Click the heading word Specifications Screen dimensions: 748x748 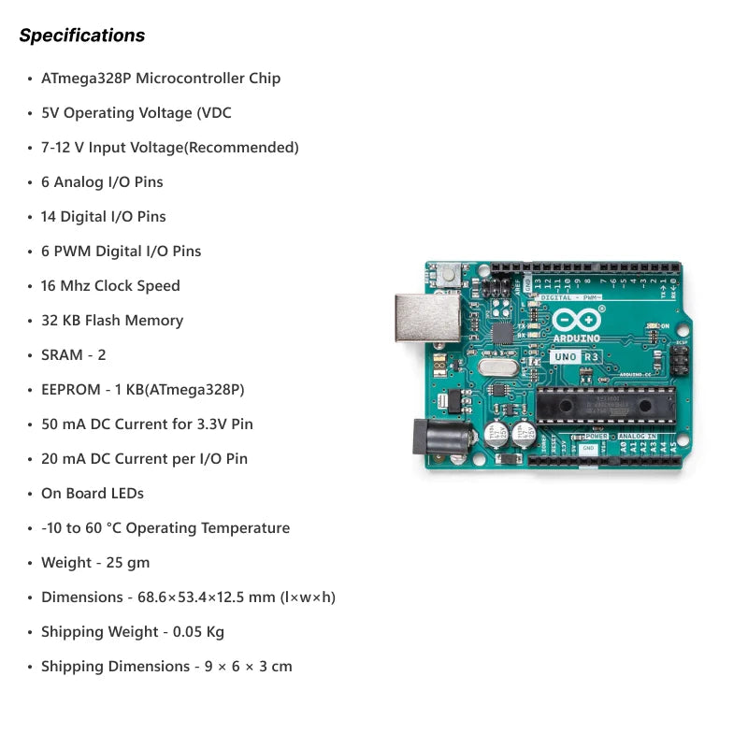[82, 36]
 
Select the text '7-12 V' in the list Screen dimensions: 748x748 [63, 148]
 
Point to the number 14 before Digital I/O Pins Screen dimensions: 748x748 [49, 217]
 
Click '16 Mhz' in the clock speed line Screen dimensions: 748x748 [65, 286]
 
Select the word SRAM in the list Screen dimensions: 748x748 [62, 355]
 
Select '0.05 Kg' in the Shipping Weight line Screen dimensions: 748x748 [199, 632]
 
